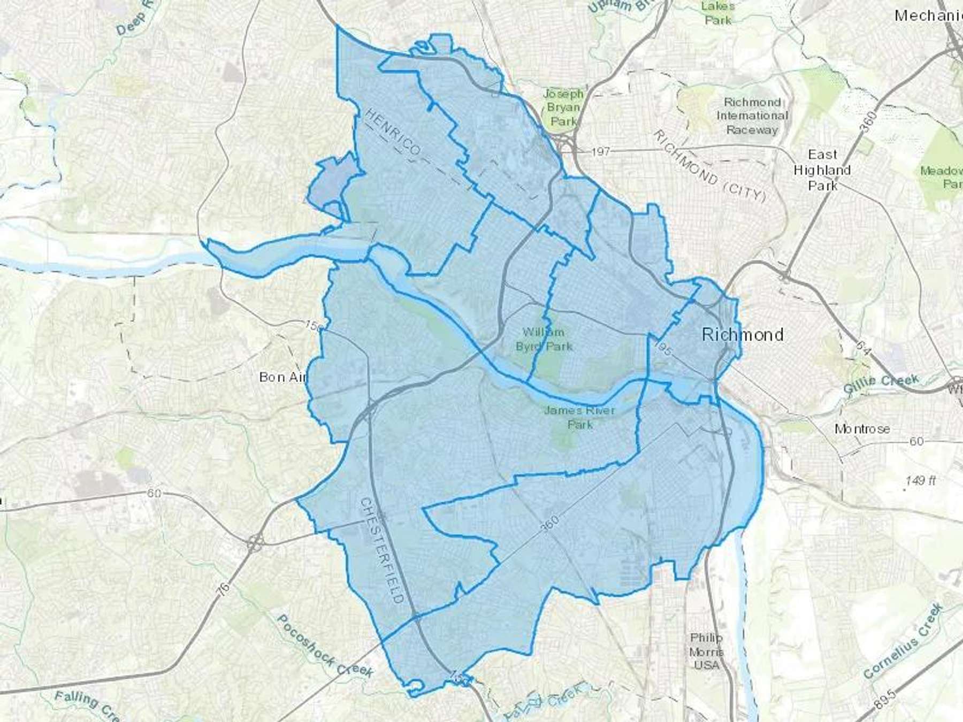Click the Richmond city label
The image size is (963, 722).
tap(742, 335)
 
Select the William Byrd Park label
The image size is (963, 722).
tap(544, 339)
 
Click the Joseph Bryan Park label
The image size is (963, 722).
tap(563, 107)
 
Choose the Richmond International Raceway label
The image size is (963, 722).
tap(752, 116)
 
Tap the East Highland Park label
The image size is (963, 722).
tap(822, 170)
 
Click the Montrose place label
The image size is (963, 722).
tap(862, 429)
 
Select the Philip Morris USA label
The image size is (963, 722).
tap(706, 651)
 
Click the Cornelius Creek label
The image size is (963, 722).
tap(903, 641)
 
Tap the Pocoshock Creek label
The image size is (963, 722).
tap(324, 646)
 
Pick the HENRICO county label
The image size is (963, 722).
tap(393, 132)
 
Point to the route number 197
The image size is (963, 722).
tap(600, 152)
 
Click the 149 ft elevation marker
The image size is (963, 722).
tap(920, 480)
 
